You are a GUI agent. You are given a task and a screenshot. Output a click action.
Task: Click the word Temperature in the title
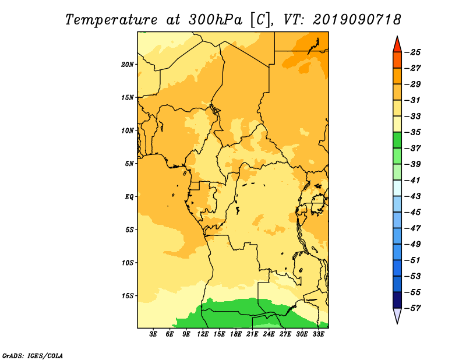[111, 20]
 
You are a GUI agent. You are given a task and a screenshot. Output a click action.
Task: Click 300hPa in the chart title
[216, 20]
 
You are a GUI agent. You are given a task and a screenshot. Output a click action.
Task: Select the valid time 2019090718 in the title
[356, 20]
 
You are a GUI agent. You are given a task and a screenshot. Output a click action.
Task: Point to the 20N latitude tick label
[128, 65]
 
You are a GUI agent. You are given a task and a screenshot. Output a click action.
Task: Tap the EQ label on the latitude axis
[129, 197]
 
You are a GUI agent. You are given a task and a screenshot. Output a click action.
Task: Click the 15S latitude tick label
[128, 296]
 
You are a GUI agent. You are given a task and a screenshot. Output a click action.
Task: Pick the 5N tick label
[129, 164]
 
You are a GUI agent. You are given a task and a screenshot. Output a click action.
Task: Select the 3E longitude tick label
[153, 334]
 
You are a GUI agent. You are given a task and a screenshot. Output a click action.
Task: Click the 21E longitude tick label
[252, 334]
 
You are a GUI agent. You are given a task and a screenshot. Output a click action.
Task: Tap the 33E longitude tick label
[318, 334]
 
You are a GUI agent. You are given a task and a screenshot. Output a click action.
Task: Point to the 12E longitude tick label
[203, 334]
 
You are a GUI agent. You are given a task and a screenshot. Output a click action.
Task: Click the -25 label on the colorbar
[413, 52]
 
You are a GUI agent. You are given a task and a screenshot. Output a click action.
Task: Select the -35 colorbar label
[413, 132]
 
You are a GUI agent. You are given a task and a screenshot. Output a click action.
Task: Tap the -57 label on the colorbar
[413, 308]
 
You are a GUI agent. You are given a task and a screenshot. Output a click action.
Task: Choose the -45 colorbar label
[413, 212]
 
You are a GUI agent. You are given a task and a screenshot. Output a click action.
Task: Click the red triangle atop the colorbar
[397, 45]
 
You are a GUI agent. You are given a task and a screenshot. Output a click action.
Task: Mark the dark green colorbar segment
[397, 140]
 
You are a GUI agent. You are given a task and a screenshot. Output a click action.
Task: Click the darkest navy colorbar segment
[397, 300]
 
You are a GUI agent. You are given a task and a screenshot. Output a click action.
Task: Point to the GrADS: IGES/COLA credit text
[33, 356]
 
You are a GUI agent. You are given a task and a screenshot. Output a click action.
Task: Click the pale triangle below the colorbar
[397, 315]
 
